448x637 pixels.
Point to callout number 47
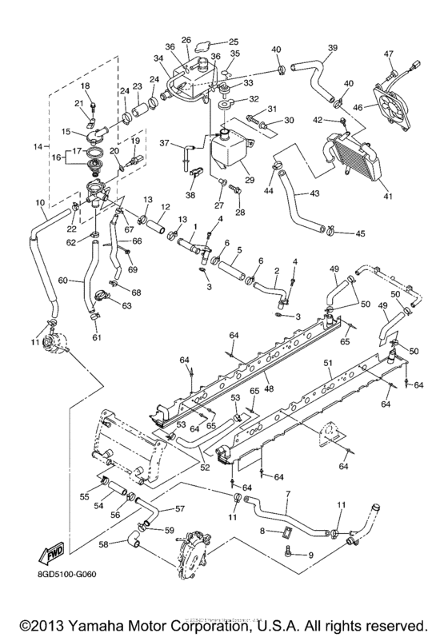click(389, 54)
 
